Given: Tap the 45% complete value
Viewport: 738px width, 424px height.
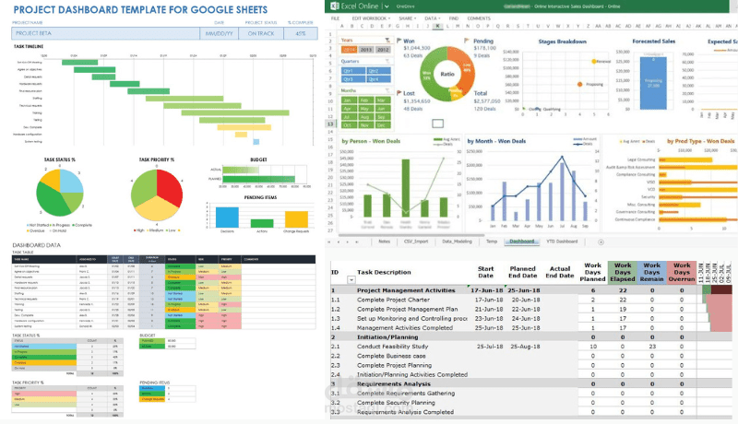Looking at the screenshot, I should point(299,33).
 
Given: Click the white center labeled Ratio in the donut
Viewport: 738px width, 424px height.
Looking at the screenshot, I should point(446,73).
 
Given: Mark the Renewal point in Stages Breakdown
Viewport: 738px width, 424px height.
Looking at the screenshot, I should point(594,61).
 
